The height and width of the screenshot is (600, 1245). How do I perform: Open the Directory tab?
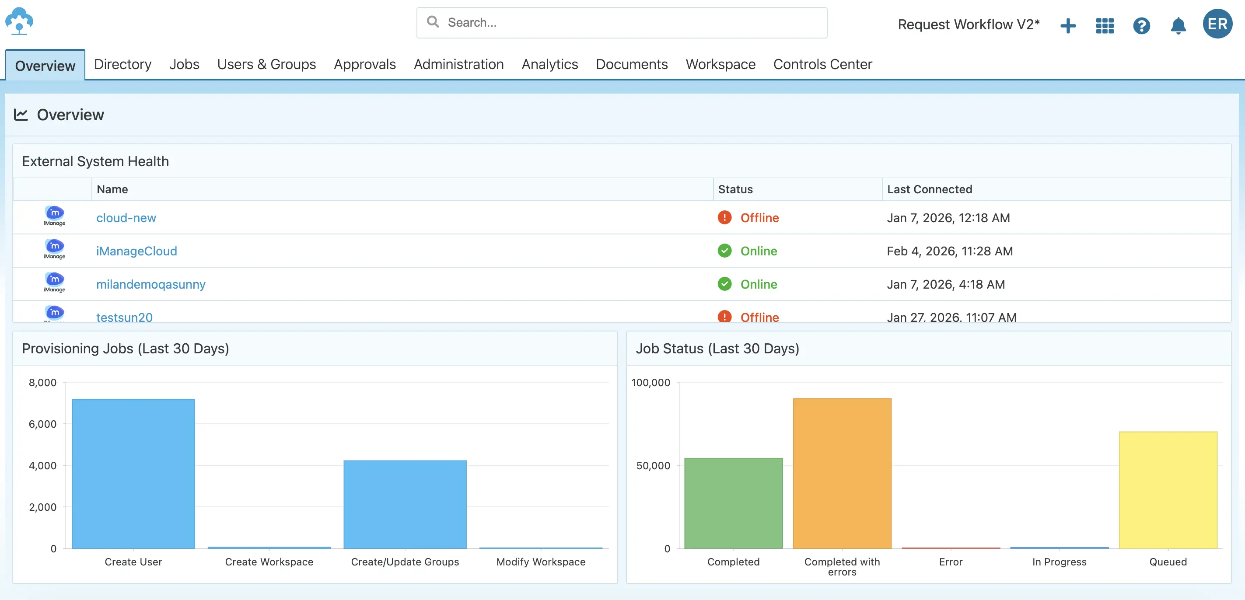click(123, 64)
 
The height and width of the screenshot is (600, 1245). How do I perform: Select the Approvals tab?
click(364, 64)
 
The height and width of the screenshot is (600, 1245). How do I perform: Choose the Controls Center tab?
click(822, 64)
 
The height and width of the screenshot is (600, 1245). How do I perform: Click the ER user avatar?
click(1217, 24)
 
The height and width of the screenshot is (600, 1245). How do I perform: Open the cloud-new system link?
click(126, 218)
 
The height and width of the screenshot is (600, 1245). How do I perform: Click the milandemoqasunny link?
click(151, 284)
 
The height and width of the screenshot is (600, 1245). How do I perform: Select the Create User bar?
click(133, 474)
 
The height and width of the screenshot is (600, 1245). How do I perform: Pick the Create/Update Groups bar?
click(405, 504)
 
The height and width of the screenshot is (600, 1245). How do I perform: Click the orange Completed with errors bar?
click(842, 474)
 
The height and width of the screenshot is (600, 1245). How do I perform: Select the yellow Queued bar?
click(1168, 490)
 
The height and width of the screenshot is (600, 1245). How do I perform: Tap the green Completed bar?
click(733, 503)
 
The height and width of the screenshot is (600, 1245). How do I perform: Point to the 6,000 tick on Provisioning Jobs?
click(42, 424)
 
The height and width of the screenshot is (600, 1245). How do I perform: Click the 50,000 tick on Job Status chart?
click(653, 466)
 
